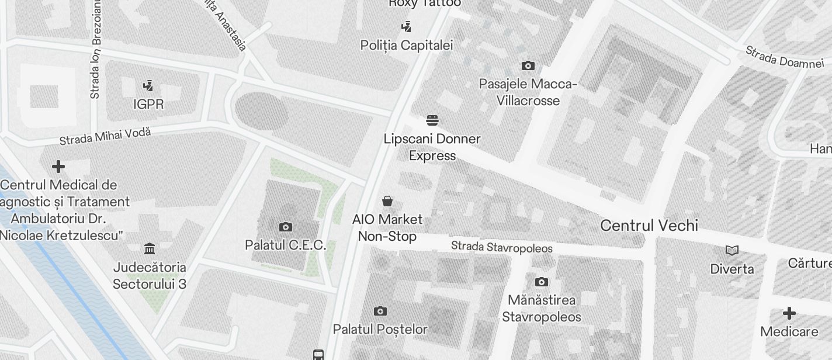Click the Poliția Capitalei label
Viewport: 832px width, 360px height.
[x=407, y=45]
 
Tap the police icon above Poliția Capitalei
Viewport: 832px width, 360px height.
[x=407, y=26]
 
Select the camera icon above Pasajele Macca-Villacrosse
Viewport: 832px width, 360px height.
[x=528, y=65]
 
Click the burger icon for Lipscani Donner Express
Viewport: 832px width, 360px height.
[x=432, y=121]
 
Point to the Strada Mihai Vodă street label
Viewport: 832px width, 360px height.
[x=105, y=136]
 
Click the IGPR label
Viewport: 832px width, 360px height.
[x=148, y=105]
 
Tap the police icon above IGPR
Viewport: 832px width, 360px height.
[x=148, y=86]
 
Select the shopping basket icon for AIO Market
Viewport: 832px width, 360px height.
[x=387, y=202]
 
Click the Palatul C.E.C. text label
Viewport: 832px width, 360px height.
[x=285, y=245]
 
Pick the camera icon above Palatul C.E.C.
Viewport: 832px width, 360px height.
[x=285, y=227]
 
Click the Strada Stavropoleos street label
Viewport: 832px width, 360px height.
[x=501, y=248]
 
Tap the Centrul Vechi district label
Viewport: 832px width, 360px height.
[x=649, y=226]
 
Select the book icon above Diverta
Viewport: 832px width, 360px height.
[x=732, y=251]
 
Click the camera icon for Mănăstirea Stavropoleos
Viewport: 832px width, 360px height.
[x=542, y=282]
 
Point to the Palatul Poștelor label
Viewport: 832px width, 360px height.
[x=380, y=329]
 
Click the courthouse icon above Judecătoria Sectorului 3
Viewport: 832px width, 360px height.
[x=150, y=249]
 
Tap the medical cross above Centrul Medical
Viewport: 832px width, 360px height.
[x=58, y=167]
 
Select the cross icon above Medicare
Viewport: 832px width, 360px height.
[x=789, y=313]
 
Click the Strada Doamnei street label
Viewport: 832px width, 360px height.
[x=784, y=57]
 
